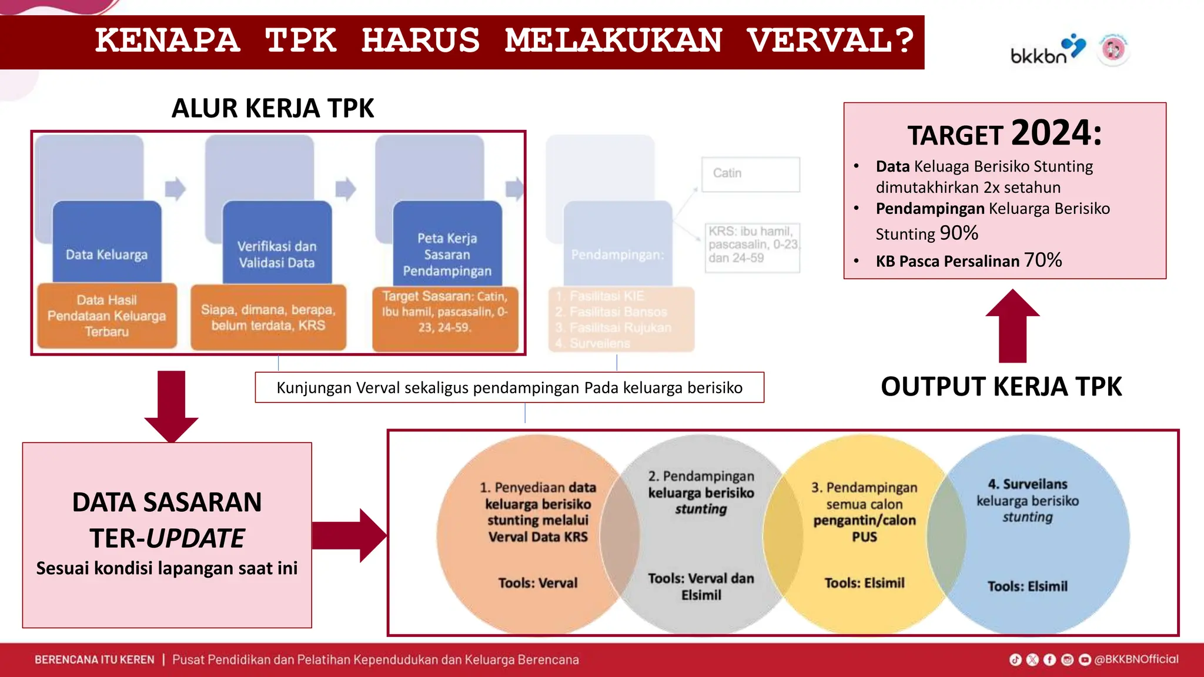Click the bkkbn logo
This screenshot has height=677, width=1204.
tap(1047, 49)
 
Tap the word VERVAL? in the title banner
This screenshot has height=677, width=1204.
tap(830, 41)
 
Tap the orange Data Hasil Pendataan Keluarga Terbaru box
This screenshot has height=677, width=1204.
tap(107, 316)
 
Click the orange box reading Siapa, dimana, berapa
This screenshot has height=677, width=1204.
tap(268, 317)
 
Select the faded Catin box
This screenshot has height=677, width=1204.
tap(750, 174)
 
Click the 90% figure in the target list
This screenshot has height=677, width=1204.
tap(959, 233)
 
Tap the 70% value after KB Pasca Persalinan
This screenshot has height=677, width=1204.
tap(1042, 260)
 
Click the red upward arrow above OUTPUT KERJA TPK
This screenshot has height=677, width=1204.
tap(1012, 326)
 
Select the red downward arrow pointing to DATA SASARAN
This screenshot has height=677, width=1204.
tap(171, 406)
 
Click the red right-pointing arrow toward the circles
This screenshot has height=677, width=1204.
tap(350, 535)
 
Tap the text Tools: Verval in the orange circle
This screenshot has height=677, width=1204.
tap(537, 583)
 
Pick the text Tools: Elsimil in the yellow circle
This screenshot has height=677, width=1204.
tap(864, 583)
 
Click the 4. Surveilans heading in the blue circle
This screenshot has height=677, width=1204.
tap(1027, 484)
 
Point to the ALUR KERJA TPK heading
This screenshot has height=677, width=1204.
tap(273, 108)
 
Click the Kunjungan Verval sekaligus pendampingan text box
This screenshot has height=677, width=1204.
tap(509, 388)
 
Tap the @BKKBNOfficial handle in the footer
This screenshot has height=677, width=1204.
tap(1136, 659)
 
